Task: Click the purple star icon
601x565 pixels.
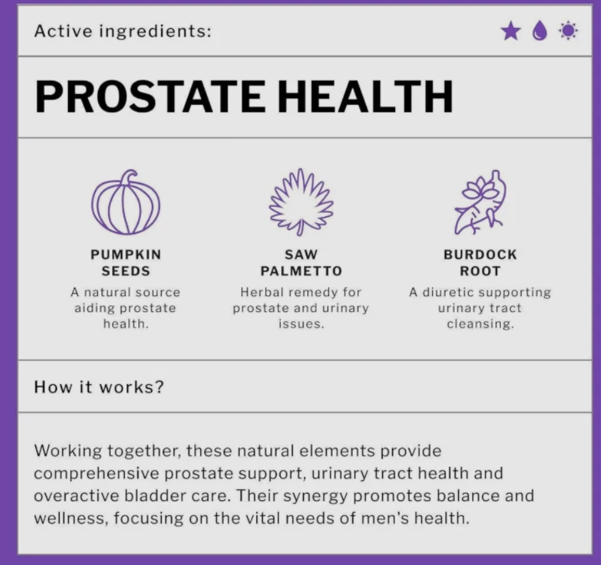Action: tap(511, 31)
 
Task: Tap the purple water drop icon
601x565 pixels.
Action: tap(540, 31)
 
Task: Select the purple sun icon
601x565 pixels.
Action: tap(568, 31)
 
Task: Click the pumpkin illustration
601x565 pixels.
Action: tap(126, 203)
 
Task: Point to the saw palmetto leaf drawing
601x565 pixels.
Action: tap(301, 202)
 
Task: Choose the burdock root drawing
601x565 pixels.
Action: tap(479, 203)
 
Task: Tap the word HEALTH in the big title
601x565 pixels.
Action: tap(365, 97)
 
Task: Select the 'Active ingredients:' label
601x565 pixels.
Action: tap(123, 31)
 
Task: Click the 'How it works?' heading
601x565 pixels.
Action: tap(99, 387)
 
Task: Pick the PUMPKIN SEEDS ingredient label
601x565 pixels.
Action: tap(126, 263)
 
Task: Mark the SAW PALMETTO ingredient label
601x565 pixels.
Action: tap(301, 263)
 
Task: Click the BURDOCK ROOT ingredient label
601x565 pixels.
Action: tap(480, 263)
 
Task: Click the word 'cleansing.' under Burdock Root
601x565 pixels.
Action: tap(480, 324)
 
